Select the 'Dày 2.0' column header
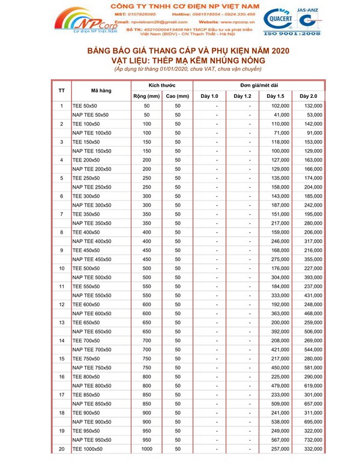click(308, 96)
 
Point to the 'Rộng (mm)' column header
click(146, 96)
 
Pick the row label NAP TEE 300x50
click(91, 205)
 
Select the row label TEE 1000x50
click(88, 449)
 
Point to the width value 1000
click(146, 449)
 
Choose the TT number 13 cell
click(62, 322)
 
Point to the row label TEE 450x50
click(86, 250)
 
